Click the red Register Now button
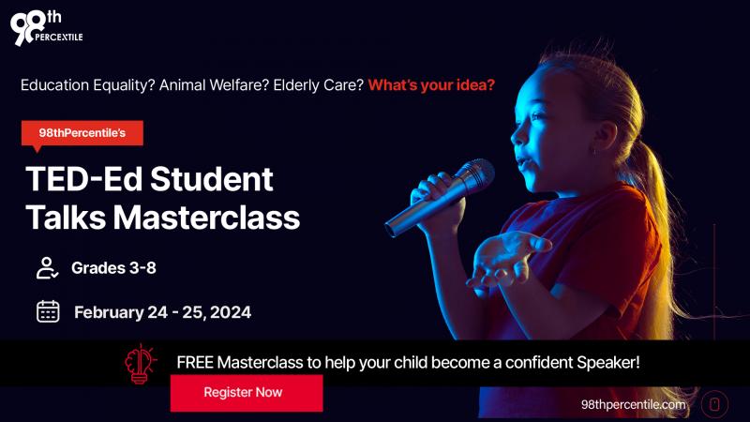(247, 393)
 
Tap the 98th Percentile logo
(46, 28)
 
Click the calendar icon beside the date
(48, 311)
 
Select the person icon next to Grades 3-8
(48, 268)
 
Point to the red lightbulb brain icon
(140, 364)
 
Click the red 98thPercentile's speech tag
(82, 133)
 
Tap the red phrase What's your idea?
(431, 85)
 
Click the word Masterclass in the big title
(206, 218)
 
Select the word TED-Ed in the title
(84, 179)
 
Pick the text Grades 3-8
(113, 268)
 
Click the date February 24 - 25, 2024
(162, 312)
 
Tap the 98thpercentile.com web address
(634, 405)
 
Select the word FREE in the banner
(195, 362)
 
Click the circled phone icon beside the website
(714, 404)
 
